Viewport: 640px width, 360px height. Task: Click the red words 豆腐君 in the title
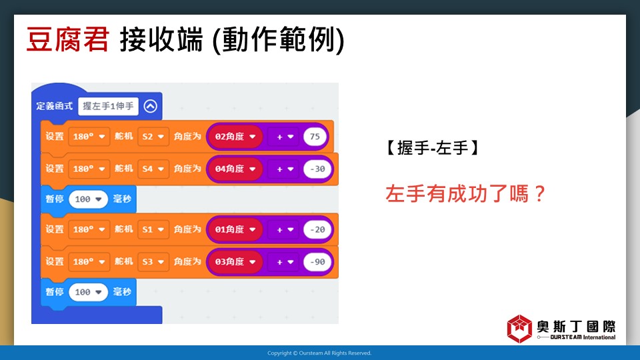click(x=68, y=39)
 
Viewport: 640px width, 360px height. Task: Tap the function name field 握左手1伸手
click(x=108, y=106)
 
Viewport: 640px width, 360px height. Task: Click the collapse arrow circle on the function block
click(x=150, y=106)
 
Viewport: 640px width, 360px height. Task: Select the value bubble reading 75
click(x=315, y=136)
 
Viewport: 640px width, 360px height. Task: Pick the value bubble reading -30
click(x=317, y=169)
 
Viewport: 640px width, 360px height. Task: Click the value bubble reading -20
click(x=317, y=229)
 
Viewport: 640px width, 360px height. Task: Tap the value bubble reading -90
click(x=317, y=261)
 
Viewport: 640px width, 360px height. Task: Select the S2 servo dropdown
click(x=153, y=136)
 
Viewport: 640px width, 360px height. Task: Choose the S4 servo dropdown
click(x=153, y=169)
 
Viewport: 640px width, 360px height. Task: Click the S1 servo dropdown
click(x=153, y=229)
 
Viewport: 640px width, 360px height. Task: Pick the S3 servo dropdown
click(x=153, y=261)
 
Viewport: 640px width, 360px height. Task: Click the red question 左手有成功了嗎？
click(x=466, y=193)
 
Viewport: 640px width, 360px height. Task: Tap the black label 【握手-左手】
click(x=433, y=148)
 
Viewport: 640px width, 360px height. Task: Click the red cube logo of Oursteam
click(x=519, y=329)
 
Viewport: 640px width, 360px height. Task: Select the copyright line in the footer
click(x=319, y=353)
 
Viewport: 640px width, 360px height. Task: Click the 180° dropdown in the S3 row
click(x=89, y=261)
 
